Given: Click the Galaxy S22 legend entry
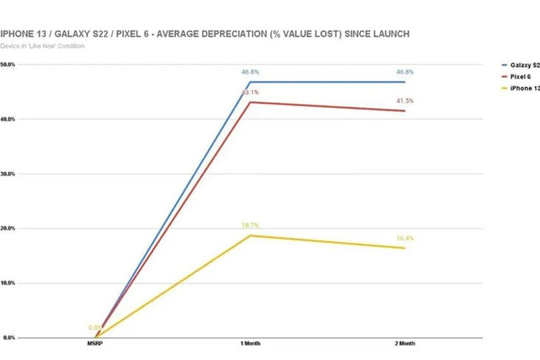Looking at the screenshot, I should coord(524,65).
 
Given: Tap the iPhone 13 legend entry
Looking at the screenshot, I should coord(524,88).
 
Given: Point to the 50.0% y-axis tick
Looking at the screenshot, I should coord(9,65).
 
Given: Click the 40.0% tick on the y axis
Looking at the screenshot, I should coord(9,119).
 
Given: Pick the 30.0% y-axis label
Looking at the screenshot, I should coord(9,174).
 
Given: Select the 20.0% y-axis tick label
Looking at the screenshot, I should coord(9,229).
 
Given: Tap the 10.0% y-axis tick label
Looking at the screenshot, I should coord(9,283).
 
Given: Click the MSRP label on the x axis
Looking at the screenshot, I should coord(95,344).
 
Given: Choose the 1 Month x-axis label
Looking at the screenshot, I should coord(250,344).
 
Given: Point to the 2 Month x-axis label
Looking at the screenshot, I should coord(404,344).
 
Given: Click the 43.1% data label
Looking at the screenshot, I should coord(250,93).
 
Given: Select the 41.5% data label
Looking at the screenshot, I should coord(405,101).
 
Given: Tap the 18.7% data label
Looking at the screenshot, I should coord(250,226).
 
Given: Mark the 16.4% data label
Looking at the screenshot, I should coord(405,239).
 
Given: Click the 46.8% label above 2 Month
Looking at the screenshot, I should coord(405,72).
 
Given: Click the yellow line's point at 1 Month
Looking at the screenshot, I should coord(250,235).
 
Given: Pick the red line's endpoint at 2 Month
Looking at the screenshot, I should coord(404,111).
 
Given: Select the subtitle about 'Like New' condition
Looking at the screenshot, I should coord(43,46).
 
